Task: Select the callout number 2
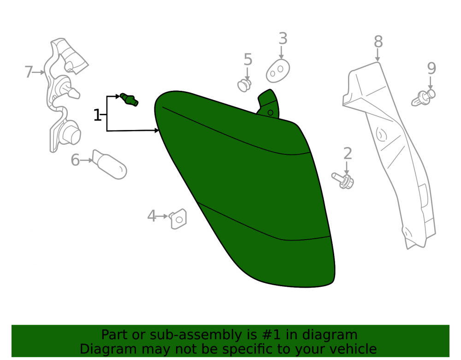pos(348,153)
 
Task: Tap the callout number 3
pos(283,39)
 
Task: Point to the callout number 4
pos(151,216)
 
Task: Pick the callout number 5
pos(248,59)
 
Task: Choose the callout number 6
pos(75,160)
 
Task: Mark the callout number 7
pos(29,72)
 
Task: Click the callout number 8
pos(378,42)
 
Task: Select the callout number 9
pos(431,69)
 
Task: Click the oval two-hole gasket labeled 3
pos(278,71)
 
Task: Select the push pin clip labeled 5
pos(244,85)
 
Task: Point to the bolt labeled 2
pos(343,181)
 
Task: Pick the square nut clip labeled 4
pos(178,219)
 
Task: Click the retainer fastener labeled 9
pos(423,98)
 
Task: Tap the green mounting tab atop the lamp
pos(268,104)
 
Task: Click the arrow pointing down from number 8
pos(378,55)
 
